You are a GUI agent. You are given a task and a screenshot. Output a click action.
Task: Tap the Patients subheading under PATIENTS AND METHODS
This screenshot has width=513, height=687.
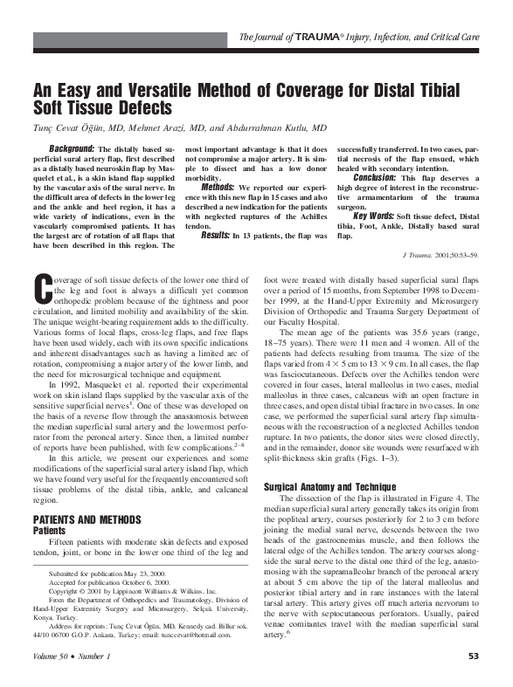(50, 530)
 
